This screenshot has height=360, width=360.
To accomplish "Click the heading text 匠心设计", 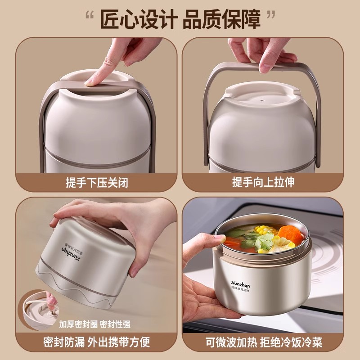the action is (139, 19).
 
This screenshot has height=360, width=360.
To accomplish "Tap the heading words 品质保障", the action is (222, 19).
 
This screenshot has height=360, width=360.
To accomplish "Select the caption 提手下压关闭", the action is (97, 183).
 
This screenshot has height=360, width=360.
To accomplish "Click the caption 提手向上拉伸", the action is (263, 182).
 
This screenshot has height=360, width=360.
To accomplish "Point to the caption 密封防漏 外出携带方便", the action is (97, 342).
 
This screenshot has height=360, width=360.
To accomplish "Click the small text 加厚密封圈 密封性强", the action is (94, 324).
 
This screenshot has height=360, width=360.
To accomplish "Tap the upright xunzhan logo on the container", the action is (240, 286).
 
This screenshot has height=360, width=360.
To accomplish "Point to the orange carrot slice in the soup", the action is (290, 234).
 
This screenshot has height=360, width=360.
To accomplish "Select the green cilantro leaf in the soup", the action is (264, 242).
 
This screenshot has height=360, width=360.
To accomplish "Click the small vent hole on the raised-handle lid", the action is (261, 100).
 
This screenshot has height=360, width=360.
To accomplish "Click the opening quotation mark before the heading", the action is (90, 15).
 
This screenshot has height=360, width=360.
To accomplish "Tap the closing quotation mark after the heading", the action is (271, 15).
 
